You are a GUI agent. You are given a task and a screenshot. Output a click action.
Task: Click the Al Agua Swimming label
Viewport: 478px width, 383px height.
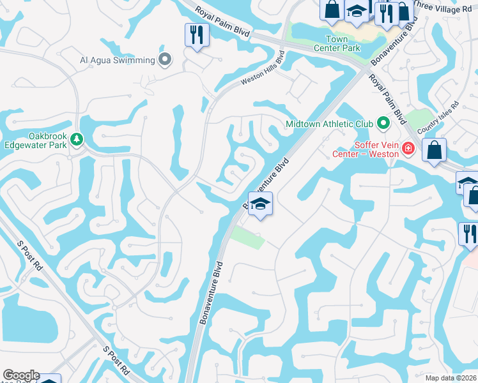point(117,61)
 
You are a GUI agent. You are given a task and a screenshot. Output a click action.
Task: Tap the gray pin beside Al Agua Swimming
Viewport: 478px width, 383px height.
point(166,61)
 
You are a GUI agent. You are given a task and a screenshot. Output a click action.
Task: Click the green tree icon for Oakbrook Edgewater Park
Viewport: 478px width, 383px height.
point(77,139)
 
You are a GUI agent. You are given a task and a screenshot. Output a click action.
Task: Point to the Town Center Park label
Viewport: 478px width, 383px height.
point(337,43)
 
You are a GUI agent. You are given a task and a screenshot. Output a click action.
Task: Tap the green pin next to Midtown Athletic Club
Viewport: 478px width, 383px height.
point(383,122)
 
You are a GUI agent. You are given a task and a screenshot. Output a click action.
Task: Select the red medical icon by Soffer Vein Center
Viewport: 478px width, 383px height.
point(408,150)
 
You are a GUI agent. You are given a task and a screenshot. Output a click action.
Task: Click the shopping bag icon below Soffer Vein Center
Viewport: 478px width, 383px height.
point(434,151)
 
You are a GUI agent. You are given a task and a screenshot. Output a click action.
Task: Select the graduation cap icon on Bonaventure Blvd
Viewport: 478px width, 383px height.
point(260,204)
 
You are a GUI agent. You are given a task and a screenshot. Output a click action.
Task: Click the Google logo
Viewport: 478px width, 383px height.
point(20,375)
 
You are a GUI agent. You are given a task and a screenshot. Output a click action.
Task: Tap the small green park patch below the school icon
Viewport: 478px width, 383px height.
point(247,237)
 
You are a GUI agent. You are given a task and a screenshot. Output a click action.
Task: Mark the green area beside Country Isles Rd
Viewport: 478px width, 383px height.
point(419,118)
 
